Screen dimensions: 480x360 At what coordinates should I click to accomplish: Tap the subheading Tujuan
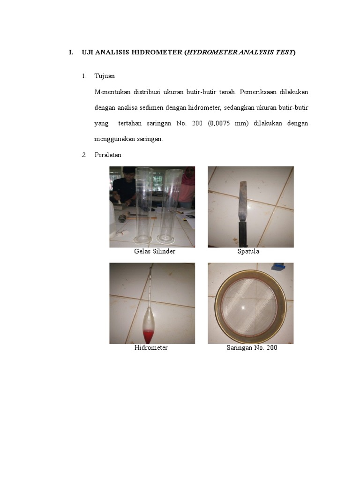[105, 76]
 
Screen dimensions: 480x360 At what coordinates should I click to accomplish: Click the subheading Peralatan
[108, 155]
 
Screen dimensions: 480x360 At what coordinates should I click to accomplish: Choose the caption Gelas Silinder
[154, 252]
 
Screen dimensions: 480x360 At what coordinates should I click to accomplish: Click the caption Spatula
[248, 252]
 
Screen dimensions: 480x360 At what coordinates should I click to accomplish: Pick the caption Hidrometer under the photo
[151, 348]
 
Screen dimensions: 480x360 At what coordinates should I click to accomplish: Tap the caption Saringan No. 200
[252, 348]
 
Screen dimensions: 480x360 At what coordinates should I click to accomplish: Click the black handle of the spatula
[243, 234]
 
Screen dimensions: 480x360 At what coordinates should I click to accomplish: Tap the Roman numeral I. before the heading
[71, 52]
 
